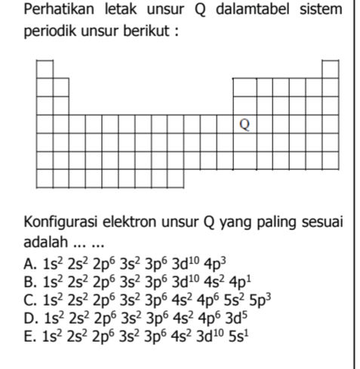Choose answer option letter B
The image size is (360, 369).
(x=29, y=279)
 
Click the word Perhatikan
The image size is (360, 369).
(x=57, y=11)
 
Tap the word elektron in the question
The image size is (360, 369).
(x=134, y=223)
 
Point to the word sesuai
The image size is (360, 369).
(x=324, y=223)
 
